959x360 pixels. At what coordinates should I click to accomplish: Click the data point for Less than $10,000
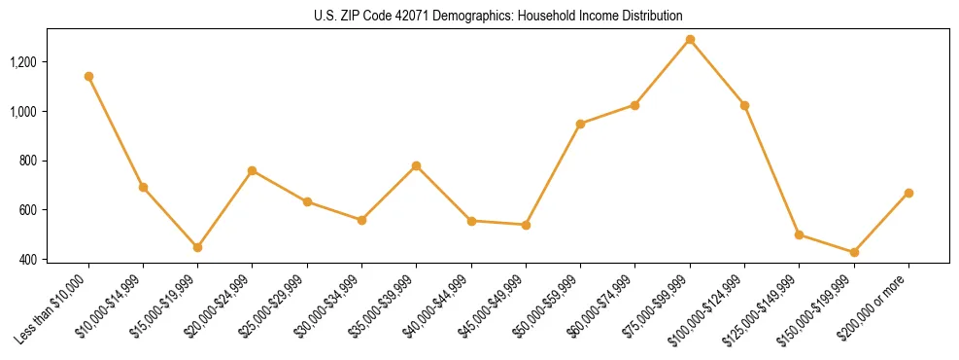coord(88,76)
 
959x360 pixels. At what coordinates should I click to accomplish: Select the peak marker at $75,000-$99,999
coord(690,40)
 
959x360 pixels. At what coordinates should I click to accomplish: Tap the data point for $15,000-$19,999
coord(197,247)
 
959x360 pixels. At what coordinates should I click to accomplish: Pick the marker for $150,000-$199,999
coord(854,252)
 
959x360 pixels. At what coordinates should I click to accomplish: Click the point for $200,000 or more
coord(908,193)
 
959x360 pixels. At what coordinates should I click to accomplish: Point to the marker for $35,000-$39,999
coord(416,165)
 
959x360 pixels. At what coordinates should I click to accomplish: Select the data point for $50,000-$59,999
coord(580,124)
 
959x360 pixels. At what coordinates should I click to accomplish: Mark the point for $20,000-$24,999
coord(253,170)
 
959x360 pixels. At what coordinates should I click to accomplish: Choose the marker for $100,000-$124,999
coord(744,105)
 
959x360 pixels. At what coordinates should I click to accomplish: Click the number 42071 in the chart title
coord(413,17)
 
